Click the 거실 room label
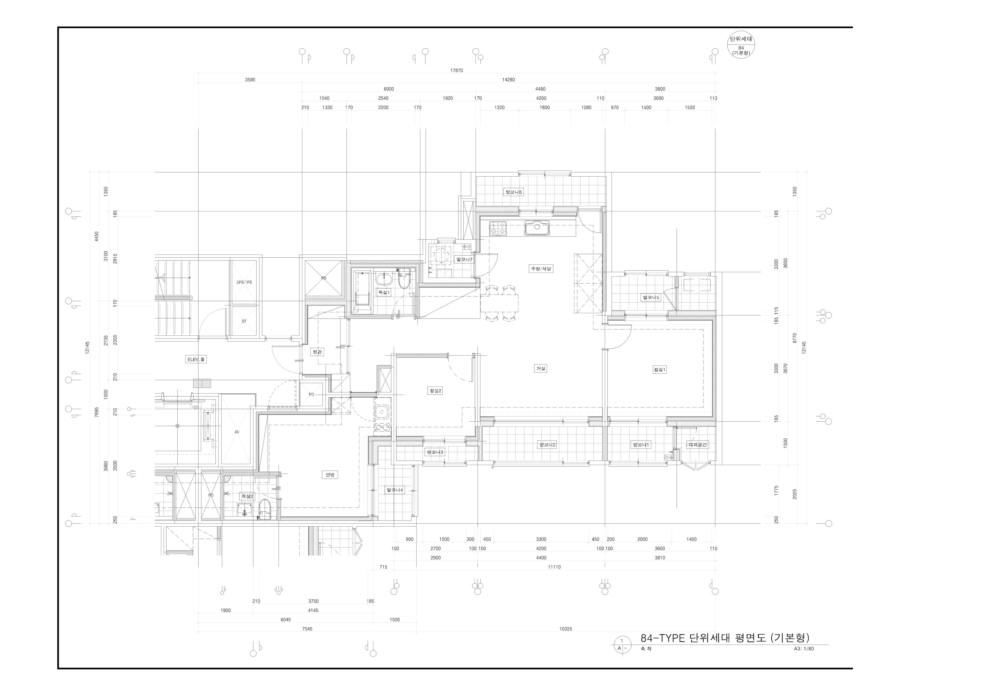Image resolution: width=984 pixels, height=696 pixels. pos(541,368)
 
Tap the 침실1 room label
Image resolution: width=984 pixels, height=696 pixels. pos(660,369)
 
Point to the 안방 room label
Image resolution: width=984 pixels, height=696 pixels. pos(330,474)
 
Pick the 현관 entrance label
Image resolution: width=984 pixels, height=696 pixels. pos(317,352)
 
